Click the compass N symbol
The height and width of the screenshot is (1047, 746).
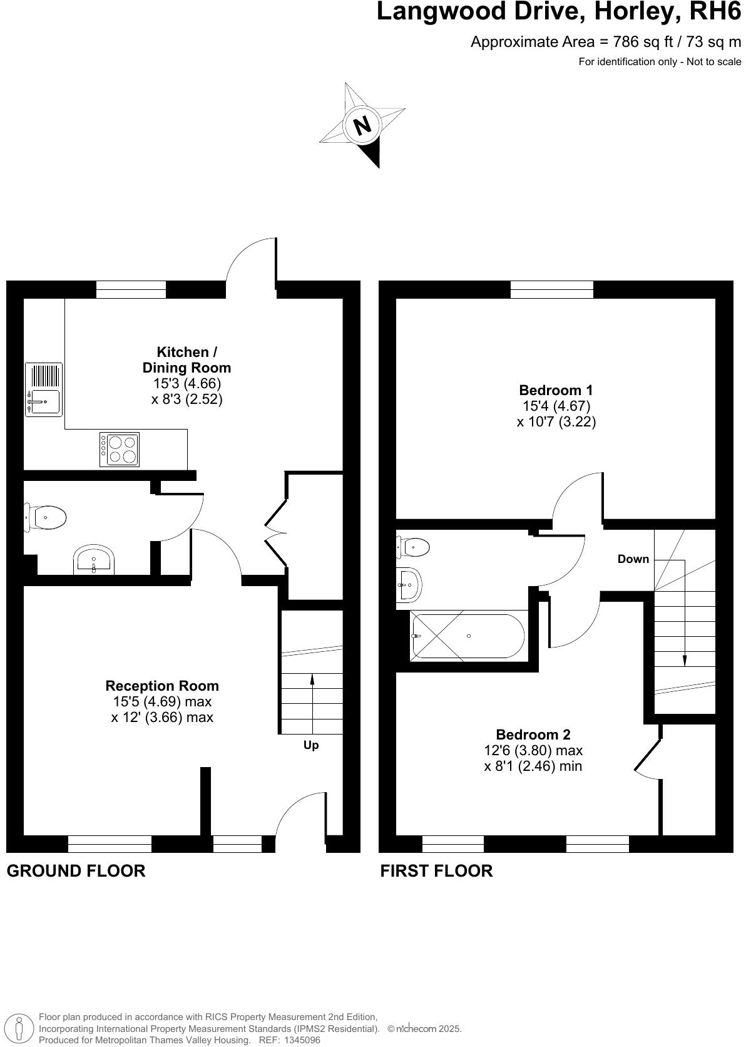click(362, 125)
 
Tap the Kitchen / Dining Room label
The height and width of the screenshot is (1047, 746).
click(186, 360)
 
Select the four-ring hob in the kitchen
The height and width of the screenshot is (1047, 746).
click(120, 450)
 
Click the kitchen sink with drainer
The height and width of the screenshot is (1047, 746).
click(43, 389)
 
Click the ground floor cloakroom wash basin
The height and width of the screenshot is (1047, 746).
click(94, 560)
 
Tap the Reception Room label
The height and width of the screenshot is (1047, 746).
click(162, 686)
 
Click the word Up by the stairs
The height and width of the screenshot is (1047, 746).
click(311, 745)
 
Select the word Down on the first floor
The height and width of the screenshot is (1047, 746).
click(633, 559)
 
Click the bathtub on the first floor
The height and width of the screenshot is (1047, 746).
click(468, 636)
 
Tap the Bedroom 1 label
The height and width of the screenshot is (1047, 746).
click(556, 390)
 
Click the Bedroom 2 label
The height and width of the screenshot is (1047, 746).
click(533, 735)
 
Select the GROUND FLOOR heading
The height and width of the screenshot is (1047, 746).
click(76, 871)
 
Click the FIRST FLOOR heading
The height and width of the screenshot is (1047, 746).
click(436, 871)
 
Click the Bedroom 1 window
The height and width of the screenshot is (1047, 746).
click(551, 289)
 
